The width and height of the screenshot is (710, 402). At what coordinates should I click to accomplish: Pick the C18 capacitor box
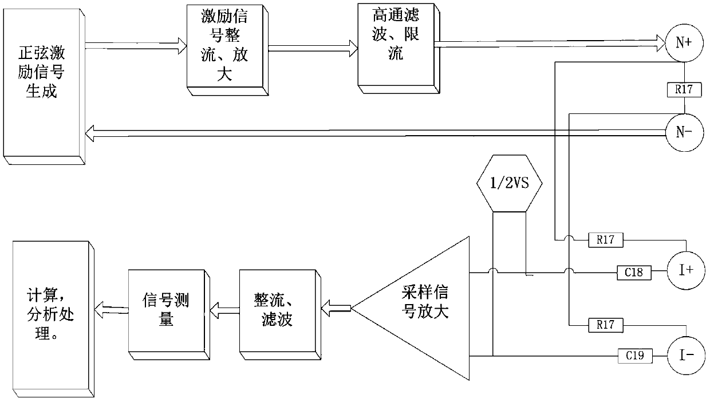tap(634, 273)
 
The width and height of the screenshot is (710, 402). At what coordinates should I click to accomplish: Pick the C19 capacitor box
tap(634, 356)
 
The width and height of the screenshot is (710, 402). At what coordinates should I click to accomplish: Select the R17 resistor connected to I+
tap(606, 240)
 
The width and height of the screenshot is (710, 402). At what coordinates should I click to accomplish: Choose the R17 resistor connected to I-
tap(606, 325)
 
